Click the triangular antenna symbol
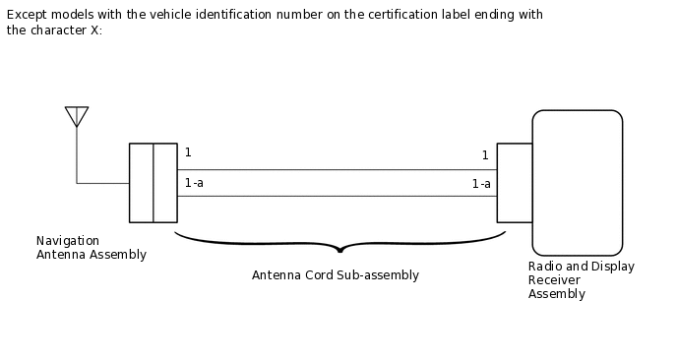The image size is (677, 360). click(x=77, y=116)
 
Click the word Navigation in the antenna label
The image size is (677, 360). click(x=67, y=241)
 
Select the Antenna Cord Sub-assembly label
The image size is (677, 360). click(x=335, y=275)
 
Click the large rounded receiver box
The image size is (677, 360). click(x=577, y=183)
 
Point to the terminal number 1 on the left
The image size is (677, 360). click(x=188, y=152)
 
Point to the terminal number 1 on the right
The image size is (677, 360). click(x=485, y=155)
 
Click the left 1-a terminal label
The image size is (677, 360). click(x=194, y=183)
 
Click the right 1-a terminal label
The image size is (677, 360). click(x=481, y=184)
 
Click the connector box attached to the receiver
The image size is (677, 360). click(x=514, y=183)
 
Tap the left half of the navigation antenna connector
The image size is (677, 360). click(x=141, y=183)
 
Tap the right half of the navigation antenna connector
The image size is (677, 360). click(x=165, y=183)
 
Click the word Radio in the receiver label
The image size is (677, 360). click(x=544, y=267)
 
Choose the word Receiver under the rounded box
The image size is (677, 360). click(x=554, y=280)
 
